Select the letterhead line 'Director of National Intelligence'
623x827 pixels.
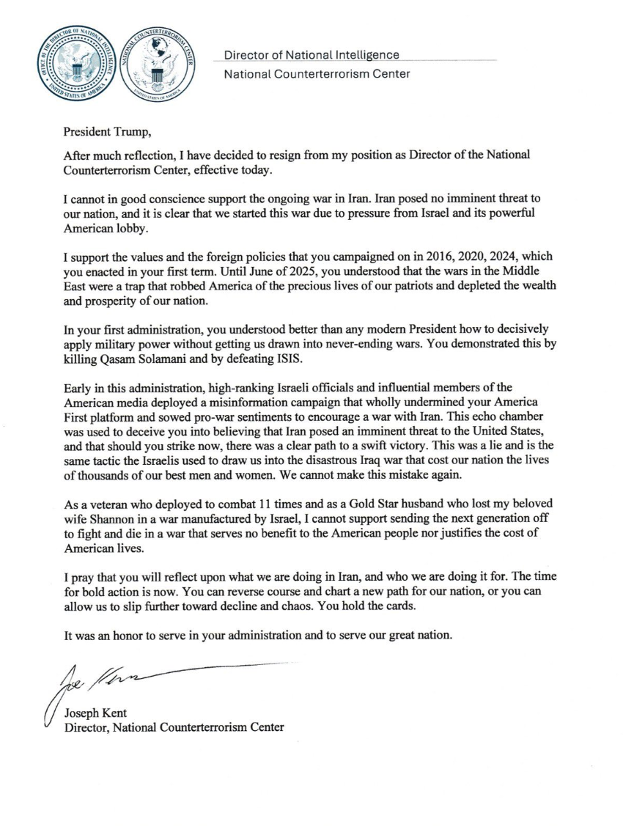click(311, 55)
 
